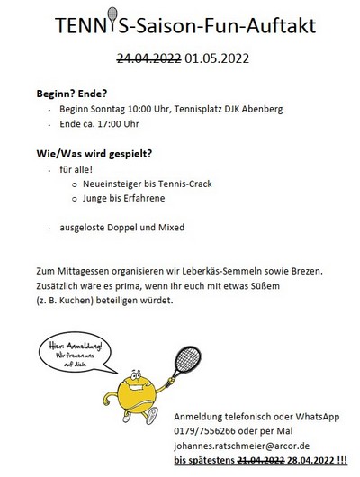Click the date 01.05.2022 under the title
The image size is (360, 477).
[216, 60]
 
